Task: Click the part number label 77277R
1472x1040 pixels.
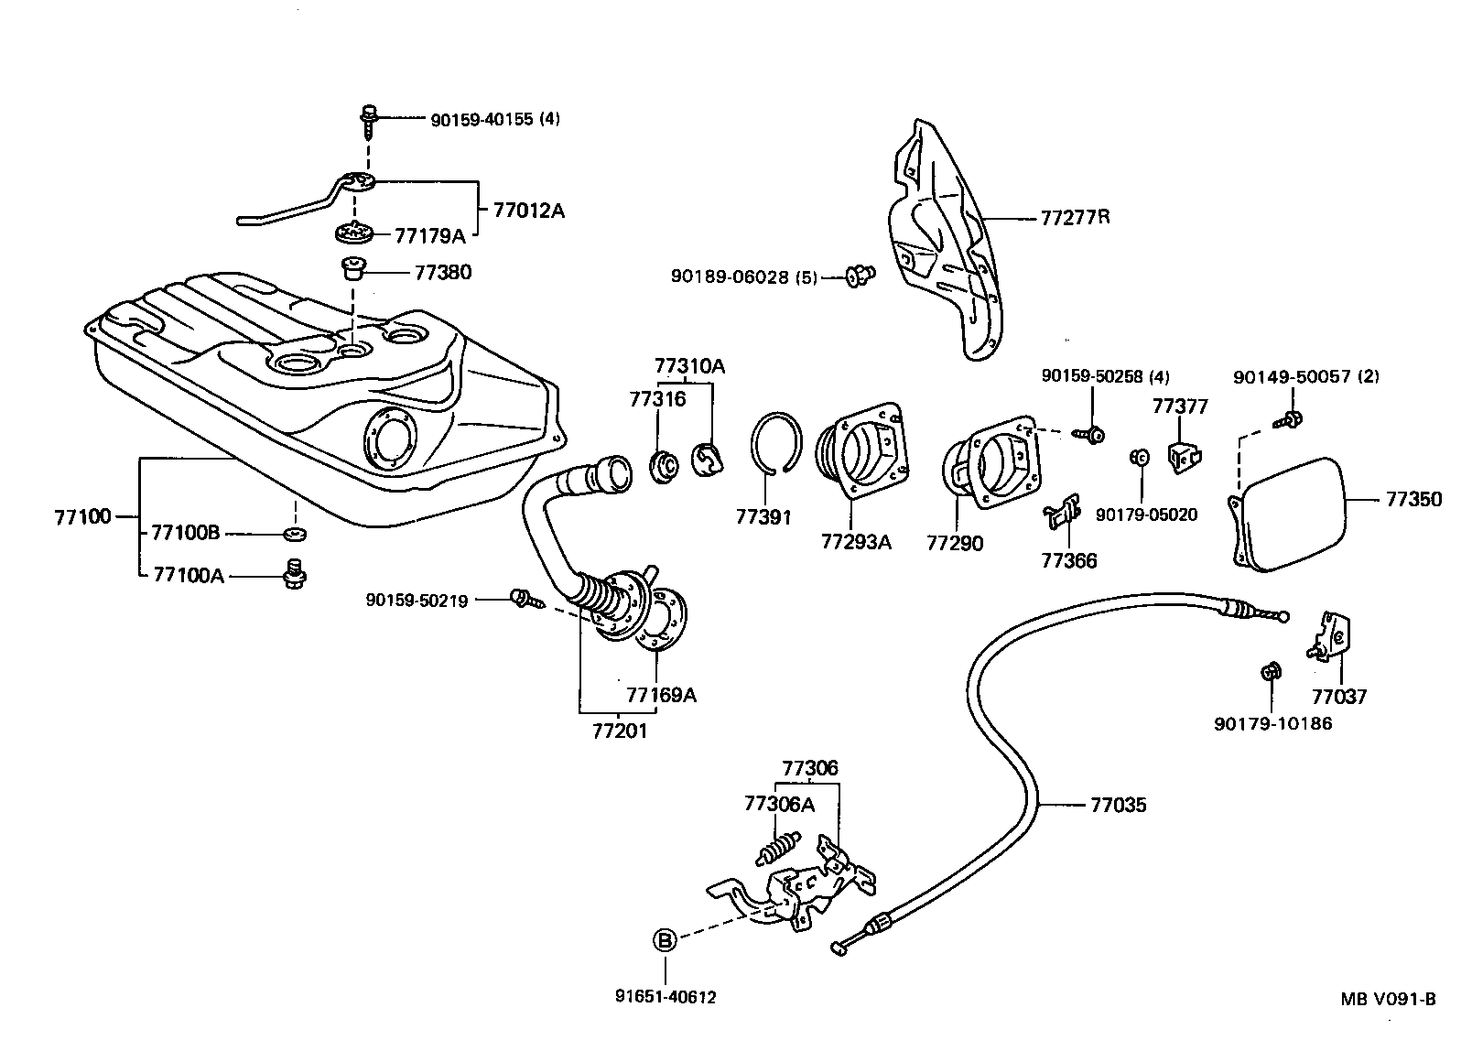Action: click(x=1075, y=218)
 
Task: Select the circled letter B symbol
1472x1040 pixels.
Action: click(x=666, y=939)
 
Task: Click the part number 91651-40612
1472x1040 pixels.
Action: click(x=666, y=997)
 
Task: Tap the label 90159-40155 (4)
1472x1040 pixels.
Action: click(x=494, y=119)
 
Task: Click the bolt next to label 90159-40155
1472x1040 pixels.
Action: click(x=369, y=117)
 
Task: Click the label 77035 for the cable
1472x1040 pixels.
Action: click(x=1118, y=806)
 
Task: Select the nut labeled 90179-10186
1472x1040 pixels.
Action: click(x=1269, y=672)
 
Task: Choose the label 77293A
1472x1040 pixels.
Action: click(x=855, y=542)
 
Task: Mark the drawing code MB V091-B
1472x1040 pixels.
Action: click(x=1389, y=999)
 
